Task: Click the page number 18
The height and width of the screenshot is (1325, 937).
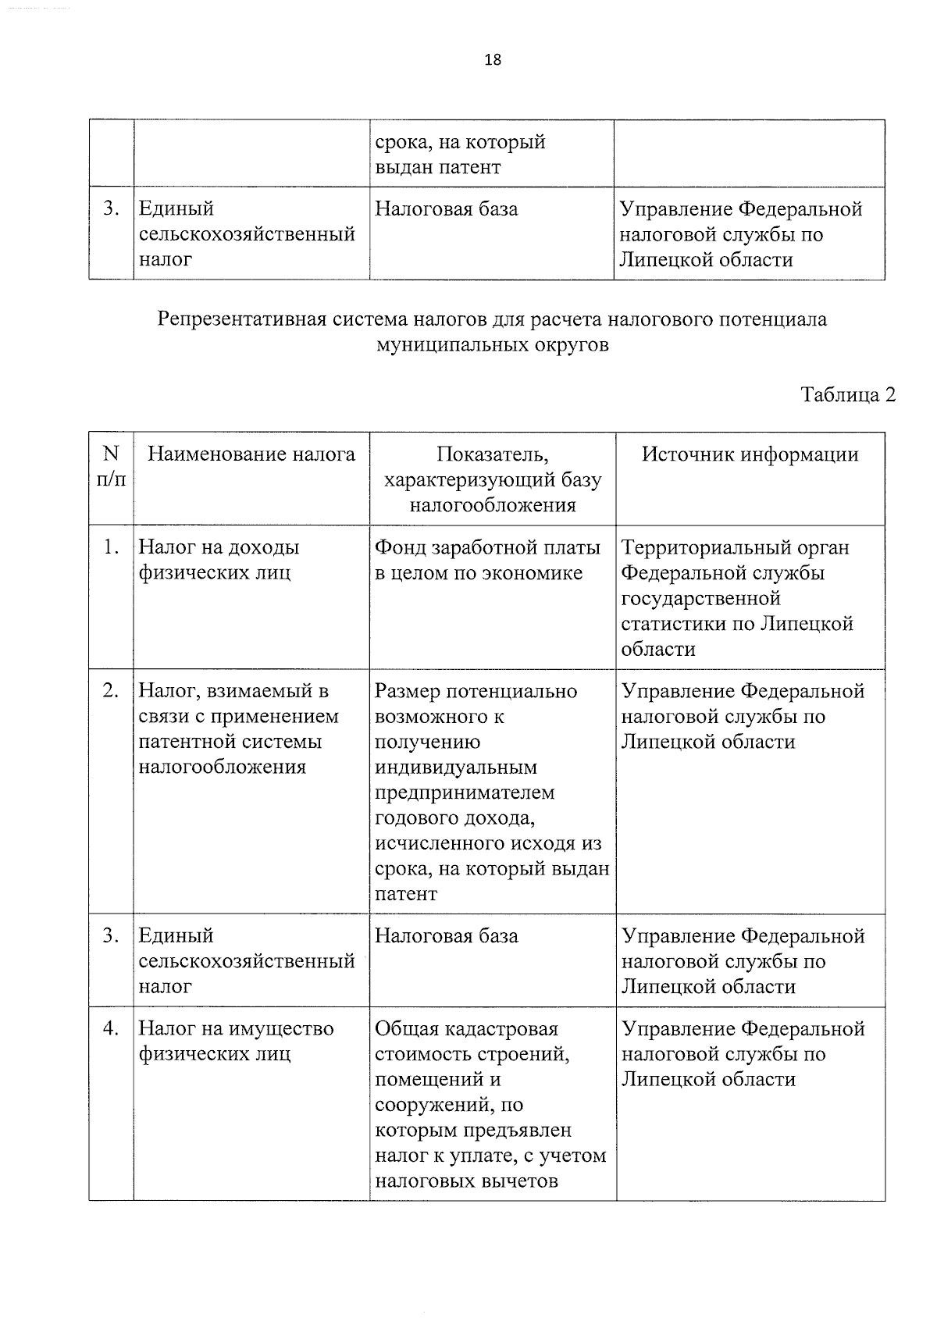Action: [x=493, y=60]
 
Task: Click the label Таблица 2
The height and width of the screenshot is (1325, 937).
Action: [x=848, y=395]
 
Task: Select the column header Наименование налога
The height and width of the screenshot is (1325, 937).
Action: [x=251, y=454]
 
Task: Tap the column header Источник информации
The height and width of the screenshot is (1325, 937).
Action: [x=750, y=454]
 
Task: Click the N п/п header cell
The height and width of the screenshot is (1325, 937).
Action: [x=111, y=466]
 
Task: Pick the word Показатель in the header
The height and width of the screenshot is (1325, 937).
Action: [x=493, y=454]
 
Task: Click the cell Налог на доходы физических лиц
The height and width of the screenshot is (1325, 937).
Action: [x=219, y=560]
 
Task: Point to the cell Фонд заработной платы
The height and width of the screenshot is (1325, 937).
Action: [x=487, y=548]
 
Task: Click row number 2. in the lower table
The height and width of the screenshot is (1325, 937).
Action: [x=111, y=691]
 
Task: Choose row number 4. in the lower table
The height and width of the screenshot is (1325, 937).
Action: [x=111, y=1029]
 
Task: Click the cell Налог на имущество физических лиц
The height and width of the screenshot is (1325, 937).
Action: [x=236, y=1042]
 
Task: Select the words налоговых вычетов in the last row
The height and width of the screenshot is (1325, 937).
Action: [x=466, y=1181]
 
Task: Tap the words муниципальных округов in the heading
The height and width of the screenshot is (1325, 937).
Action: [x=492, y=345]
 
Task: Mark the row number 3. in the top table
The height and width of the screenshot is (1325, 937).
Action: [x=111, y=209]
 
